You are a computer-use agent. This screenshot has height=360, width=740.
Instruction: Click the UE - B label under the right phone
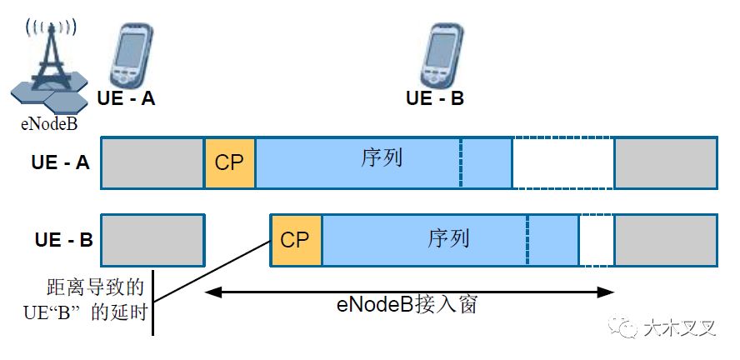[x=434, y=98]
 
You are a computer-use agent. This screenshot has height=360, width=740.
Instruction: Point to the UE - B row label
[x=63, y=241]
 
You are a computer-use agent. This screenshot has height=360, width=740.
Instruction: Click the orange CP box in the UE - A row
[x=229, y=163]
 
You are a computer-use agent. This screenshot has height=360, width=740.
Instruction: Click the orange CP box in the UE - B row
[x=295, y=241]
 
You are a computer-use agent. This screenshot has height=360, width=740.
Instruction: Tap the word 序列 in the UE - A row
[x=382, y=157]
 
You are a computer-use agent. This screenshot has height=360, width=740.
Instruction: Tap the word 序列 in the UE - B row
[x=448, y=238]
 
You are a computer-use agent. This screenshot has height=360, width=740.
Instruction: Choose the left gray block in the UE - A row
[x=152, y=163]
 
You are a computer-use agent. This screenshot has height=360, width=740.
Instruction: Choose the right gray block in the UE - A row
[x=665, y=163]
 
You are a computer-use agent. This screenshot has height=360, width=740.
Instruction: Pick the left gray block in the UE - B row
[x=152, y=241]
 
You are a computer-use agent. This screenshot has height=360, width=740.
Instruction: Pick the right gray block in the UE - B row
[x=665, y=241]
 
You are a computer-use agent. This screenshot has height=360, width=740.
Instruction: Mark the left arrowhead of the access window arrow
[x=210, y=291]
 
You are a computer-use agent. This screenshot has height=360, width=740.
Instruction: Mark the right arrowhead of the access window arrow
[x=608, y=291]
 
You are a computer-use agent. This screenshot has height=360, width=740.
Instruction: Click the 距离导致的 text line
[x=97, y=288]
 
